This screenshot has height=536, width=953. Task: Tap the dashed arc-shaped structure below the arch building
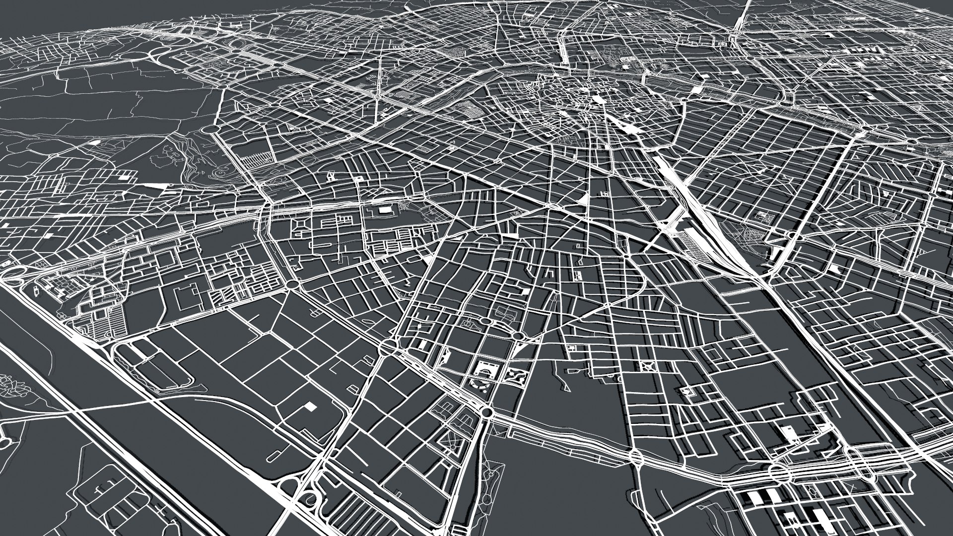click(478, 386)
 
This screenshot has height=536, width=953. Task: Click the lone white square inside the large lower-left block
click(310, 406)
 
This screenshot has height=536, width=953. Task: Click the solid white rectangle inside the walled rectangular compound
click(385, 210)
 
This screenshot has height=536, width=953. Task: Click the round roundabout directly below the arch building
click(486, 411)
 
